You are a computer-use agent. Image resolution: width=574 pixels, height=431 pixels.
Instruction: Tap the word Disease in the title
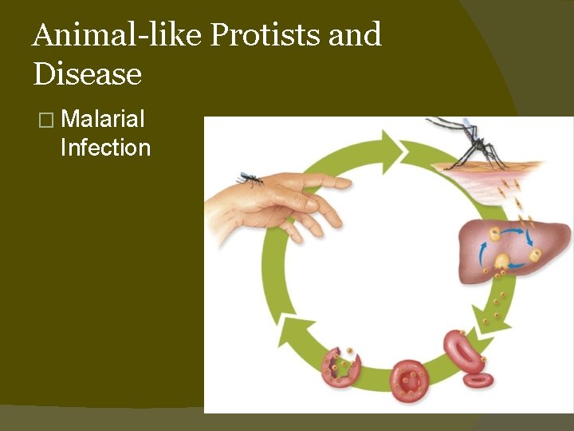pyautogui.click(x=88, y=74)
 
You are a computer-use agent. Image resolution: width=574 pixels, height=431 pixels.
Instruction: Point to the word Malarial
pyautogui.click(x=103, y=120)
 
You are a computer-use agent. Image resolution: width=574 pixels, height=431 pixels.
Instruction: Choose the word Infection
pyautogui.click(x=105, y=148)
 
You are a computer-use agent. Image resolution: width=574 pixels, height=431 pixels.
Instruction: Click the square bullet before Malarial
pyautogui.click(x=45, y=121)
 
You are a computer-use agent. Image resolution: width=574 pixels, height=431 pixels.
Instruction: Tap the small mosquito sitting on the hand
pyautogui.click(x=250, y=180)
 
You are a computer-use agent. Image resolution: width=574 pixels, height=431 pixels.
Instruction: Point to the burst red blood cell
pyautogui.click(x=340, y=368)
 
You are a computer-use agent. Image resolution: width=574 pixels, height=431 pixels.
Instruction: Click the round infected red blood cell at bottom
pyautogui.click(x=411, y=381)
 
